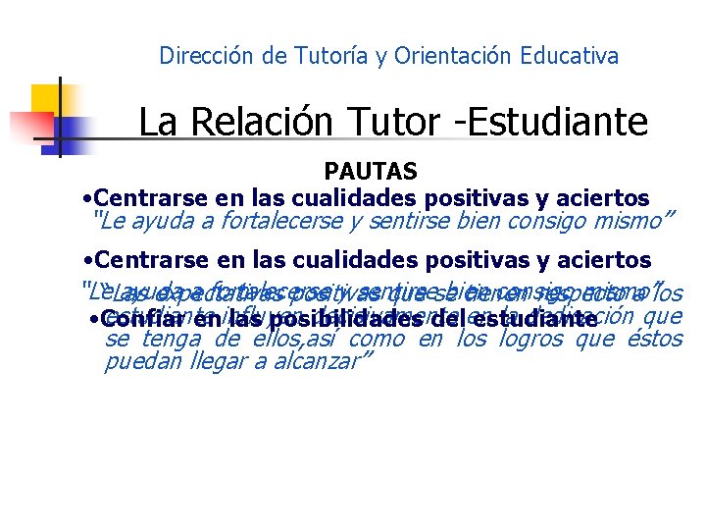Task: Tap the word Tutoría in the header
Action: [332, 56]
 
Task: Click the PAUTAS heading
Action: [371, 173]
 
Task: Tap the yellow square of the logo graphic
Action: [46, 99]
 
